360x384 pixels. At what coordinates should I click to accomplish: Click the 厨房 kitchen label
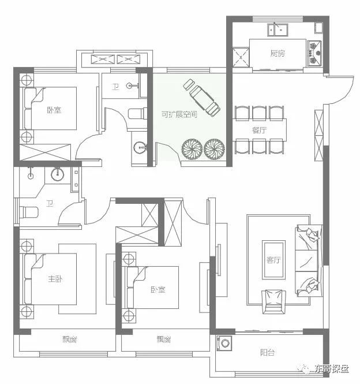point(277,53)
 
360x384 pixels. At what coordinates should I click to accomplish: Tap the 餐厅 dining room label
point(260,130)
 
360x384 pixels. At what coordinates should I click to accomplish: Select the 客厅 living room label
point(273,260)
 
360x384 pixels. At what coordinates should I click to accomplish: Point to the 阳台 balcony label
point(267,353)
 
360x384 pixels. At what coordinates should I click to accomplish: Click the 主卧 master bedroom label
point(55,279)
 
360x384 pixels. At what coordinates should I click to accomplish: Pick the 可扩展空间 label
point(179,114)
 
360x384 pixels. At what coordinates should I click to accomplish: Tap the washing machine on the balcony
point(224,344)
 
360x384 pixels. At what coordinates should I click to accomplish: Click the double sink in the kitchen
point(277,30)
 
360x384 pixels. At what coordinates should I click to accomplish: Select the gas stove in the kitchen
point(314,53)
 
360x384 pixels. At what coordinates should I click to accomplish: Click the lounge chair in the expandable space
point(202,98)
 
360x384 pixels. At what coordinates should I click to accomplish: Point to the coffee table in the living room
point(273,260)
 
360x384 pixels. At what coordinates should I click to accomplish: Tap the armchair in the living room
point(273,301)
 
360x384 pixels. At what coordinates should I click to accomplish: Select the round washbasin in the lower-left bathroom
point(58,174)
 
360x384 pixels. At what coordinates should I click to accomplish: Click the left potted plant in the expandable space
point(192,149)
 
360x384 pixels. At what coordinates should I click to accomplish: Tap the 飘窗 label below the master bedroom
point(70,340)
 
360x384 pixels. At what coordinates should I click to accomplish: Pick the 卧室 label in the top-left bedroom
point(54,110)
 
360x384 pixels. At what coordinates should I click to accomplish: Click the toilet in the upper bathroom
point(137,114)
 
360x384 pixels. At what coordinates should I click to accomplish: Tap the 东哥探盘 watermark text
point(331,368)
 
